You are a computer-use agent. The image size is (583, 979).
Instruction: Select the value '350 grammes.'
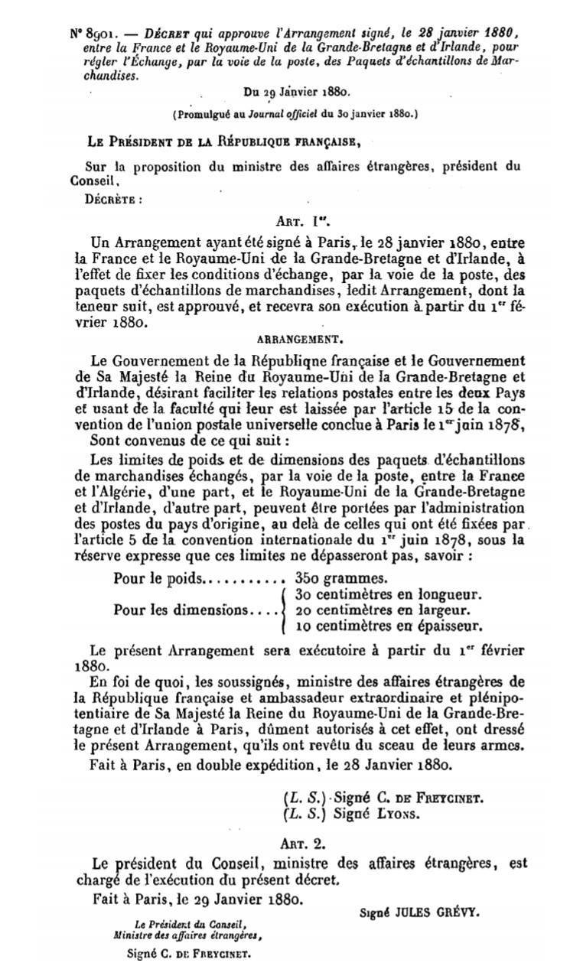click(x=342, y=578)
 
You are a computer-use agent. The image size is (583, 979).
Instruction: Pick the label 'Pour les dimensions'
click(x=182, y=610)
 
